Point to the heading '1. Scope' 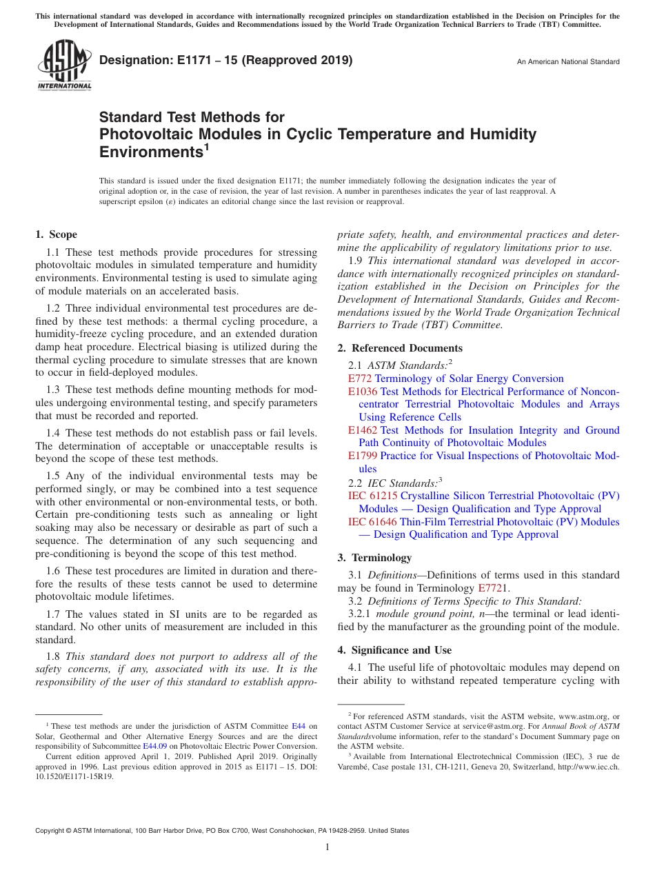tap(57, 234)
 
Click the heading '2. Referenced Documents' tap(400, 348)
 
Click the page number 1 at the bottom tap(327, 847)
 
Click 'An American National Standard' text tap(568, 62)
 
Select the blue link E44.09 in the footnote tap(155, 745)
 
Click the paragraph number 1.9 tap(356, 261)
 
